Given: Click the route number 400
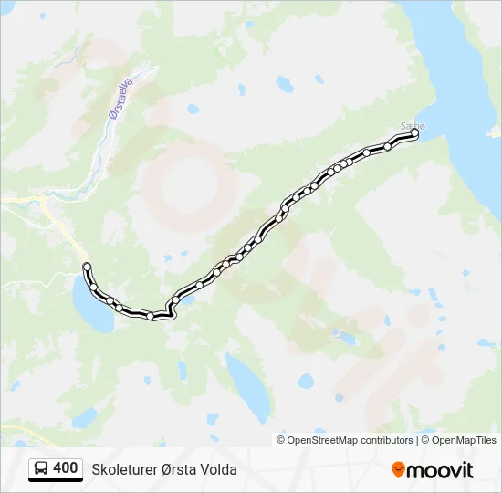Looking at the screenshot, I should [x=65, y=468].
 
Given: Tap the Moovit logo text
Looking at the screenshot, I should [x=440, y=470].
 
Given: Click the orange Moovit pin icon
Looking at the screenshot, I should [x=398, y=470].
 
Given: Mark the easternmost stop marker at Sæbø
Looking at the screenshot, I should [x=414, y=133].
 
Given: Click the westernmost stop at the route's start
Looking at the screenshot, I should [x=87, y=267].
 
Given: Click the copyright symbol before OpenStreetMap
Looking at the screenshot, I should [x=281, y=440].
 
